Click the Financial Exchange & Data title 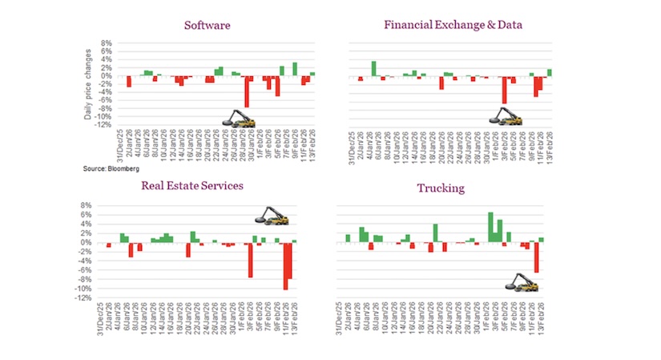[453, 25]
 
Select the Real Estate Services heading [192, 186]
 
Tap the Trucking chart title [439, 189]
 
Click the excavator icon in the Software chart [240, 119]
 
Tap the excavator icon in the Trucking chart [519, 282]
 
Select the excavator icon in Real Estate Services [271, 216]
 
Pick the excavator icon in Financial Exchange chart [506, 117]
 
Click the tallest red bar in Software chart [247, 91]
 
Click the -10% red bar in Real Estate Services [284, 265]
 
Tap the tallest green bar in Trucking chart [490, 227]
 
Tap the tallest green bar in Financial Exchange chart [373, 68]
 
